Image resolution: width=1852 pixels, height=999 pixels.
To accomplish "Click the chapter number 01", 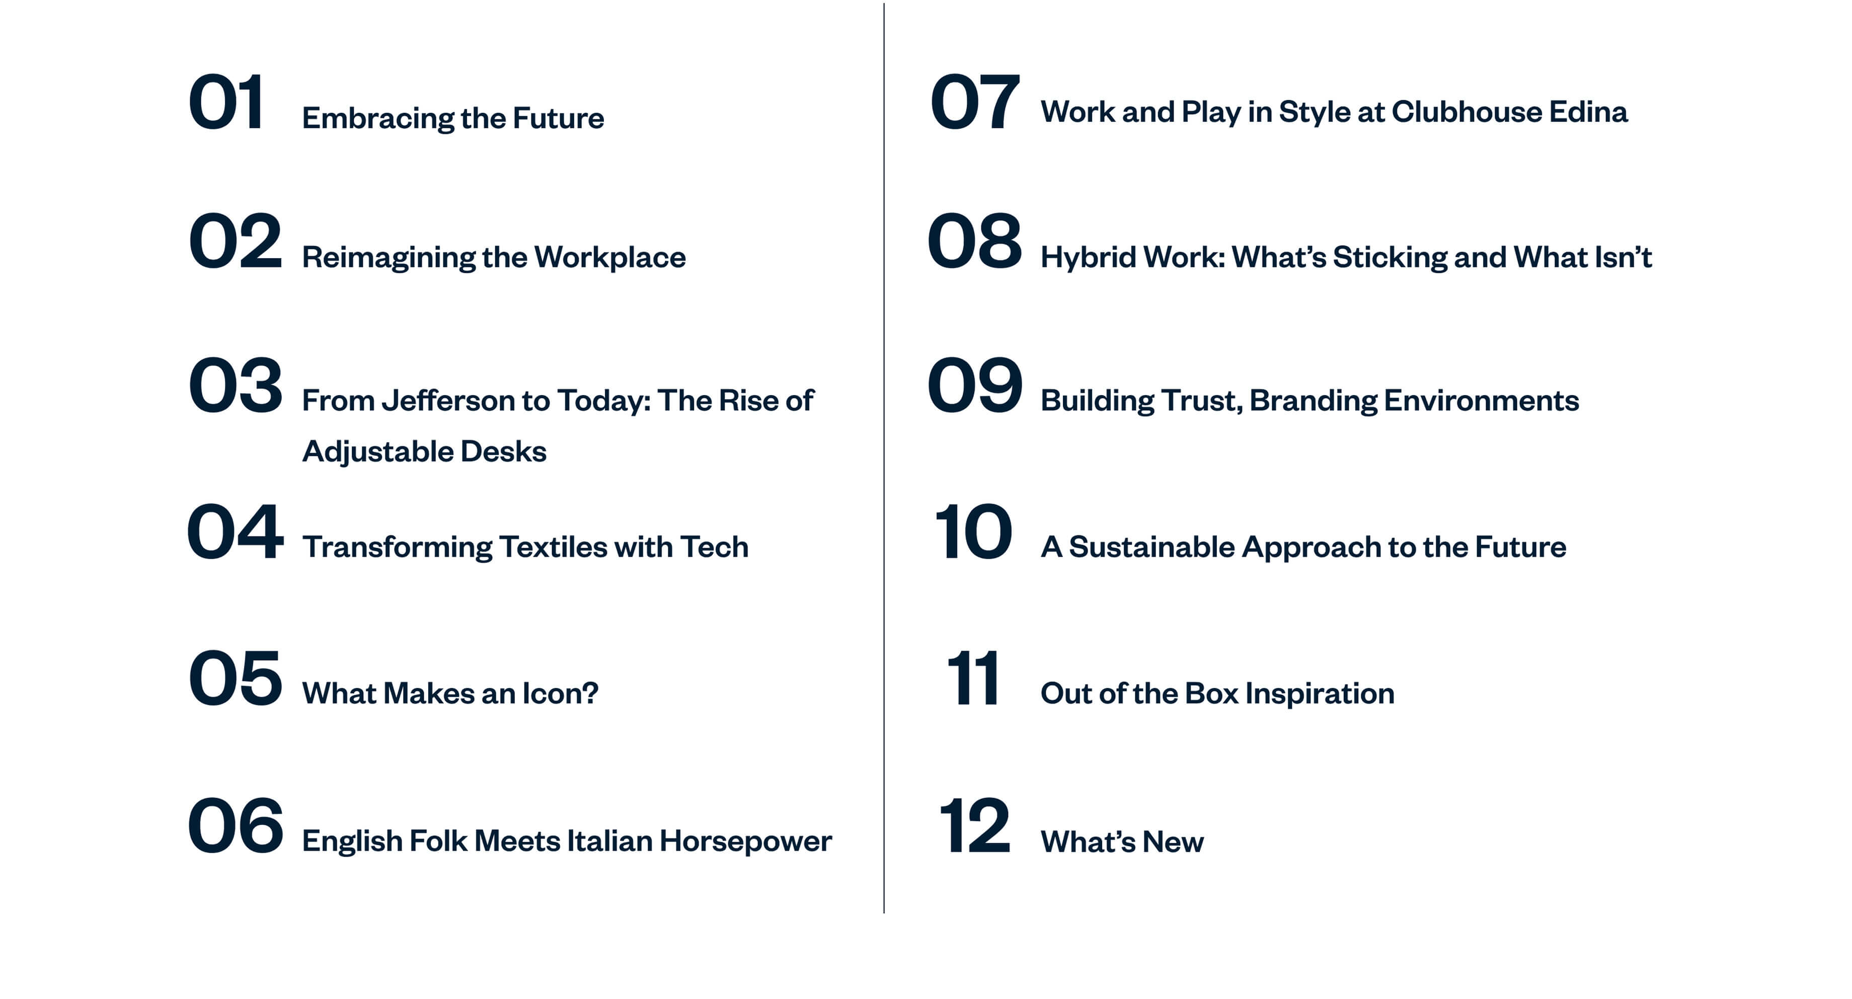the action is tap(226, 102).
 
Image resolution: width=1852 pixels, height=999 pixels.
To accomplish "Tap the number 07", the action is tap(974, 102).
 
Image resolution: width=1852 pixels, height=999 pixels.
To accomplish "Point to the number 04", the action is tap(235, 532).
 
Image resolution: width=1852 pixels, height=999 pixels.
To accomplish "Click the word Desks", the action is tap(503, 451).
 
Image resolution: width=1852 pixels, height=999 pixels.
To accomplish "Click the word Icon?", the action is tap(560, 694).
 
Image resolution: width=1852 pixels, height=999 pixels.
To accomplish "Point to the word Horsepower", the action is tap(745, 841).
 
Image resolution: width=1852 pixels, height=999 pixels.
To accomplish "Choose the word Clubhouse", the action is tap(1467, 111).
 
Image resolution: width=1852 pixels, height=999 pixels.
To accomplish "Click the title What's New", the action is tap(1122, 841).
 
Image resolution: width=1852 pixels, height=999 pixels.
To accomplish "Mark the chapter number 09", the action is tap(975, 385).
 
